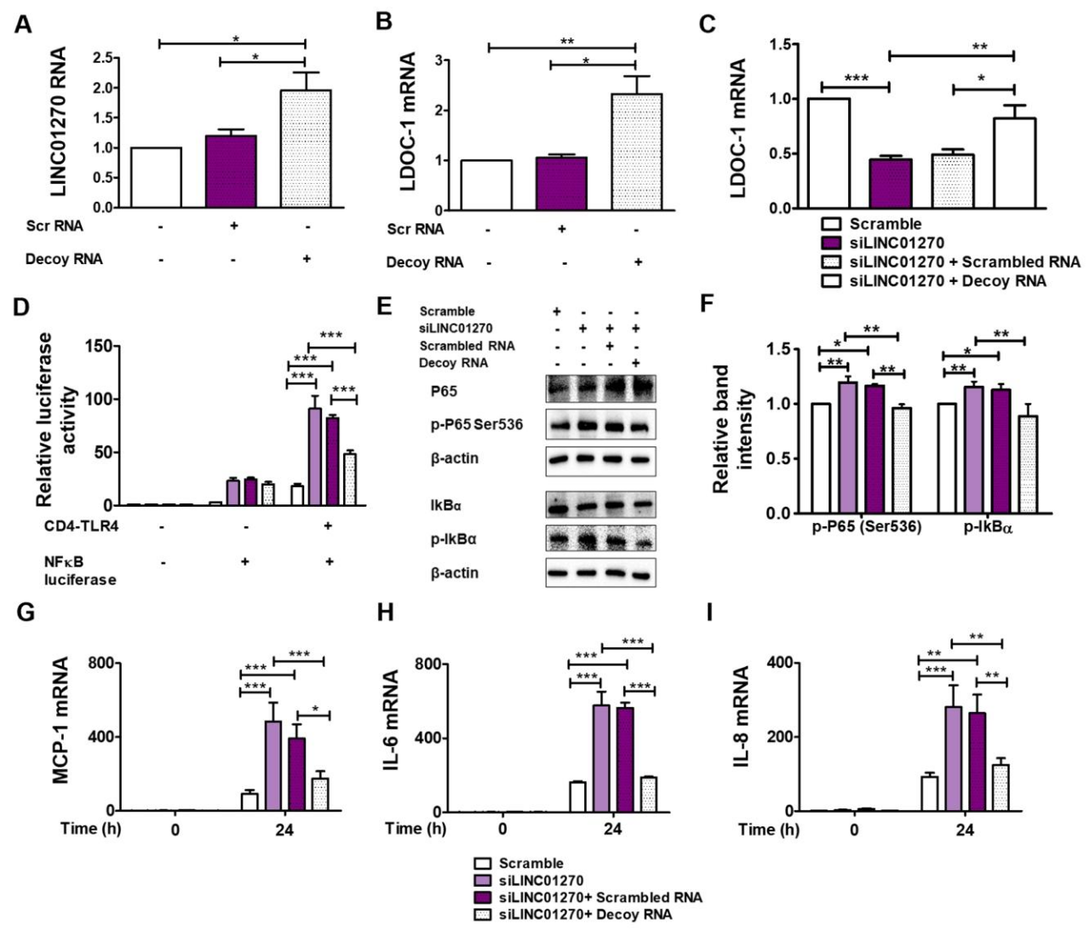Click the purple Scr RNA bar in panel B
point(562,183)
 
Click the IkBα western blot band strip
point(600,507)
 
